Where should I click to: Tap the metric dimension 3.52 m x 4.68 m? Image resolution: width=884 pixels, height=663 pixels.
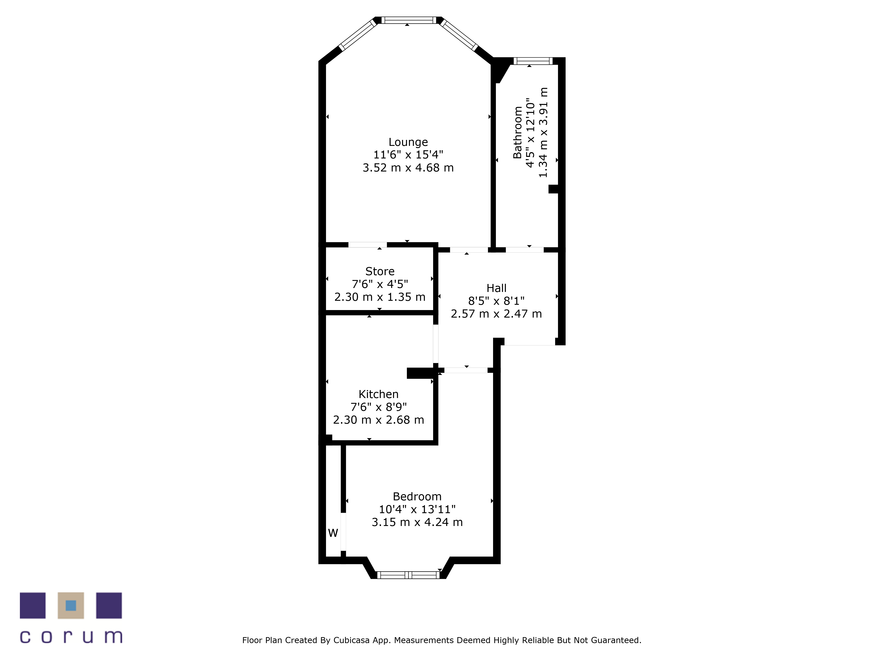click(408, 168)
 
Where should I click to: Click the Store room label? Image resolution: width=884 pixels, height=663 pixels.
click(380, 271)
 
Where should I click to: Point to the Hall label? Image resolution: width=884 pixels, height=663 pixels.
click(496, 288)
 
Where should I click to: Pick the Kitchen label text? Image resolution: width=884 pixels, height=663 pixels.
click(378, 394)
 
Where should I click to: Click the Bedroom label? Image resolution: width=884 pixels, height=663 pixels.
click(417, 497)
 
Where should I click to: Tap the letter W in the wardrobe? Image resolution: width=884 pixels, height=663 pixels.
click(333, 533)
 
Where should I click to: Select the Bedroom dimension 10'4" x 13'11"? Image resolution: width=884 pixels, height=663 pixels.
click(417, 510)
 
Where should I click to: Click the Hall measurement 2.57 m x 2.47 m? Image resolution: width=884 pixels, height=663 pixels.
click(496, 314)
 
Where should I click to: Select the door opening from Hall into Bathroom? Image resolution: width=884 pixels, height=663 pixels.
click(525, 250)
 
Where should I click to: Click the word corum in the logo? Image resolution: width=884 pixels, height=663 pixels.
click(71, 637)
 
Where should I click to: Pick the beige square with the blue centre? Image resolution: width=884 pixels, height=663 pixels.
click(71, 606)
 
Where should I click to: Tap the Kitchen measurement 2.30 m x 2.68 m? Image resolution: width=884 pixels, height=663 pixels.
click(378, 420)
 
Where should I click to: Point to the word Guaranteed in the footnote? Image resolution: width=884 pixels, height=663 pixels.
click(616, 640)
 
